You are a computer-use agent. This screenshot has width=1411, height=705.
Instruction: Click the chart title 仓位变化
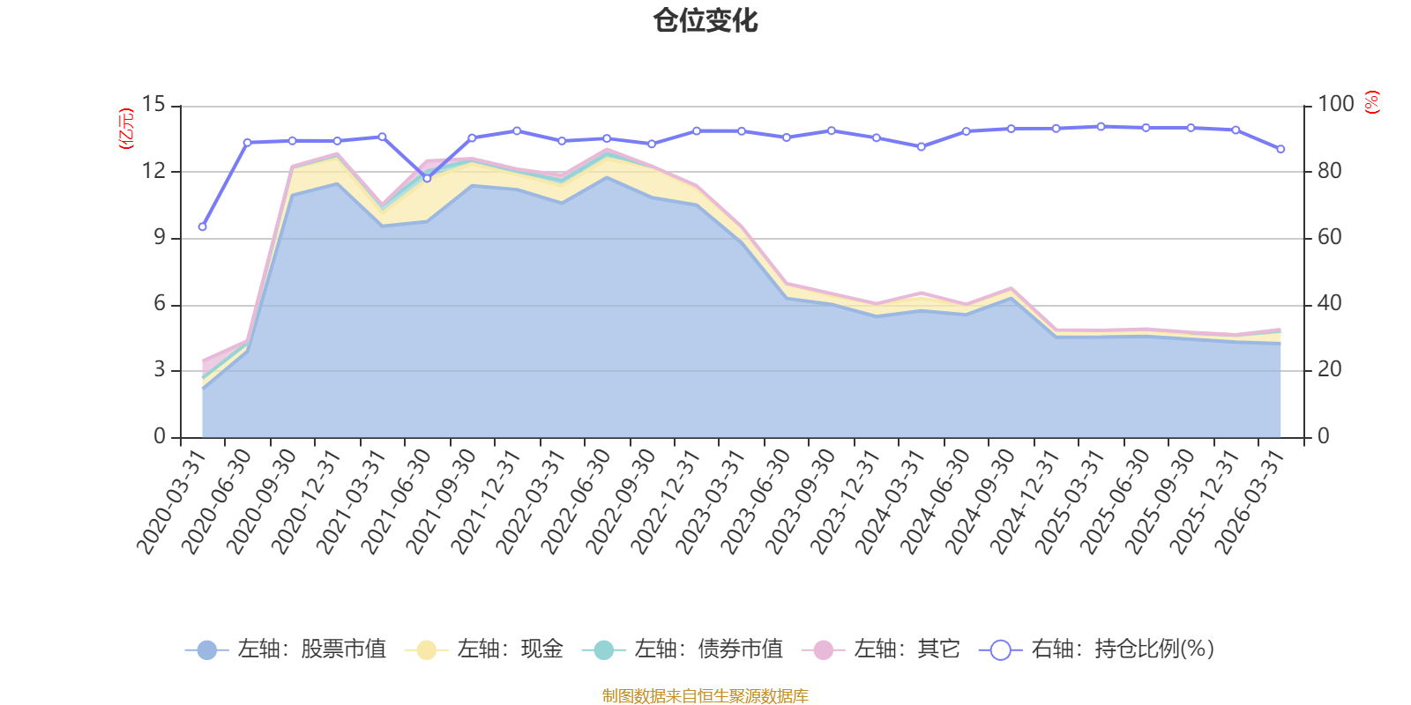point(705,21)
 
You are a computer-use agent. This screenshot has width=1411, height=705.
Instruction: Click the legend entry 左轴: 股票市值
point(286,649)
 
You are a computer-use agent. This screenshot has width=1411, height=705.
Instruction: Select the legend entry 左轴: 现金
point(484,649)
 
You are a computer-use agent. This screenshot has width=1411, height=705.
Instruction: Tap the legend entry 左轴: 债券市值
point(683,649)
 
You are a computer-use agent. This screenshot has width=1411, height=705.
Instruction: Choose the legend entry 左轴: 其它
point(881,649)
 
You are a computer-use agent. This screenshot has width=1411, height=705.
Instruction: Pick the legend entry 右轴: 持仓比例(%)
point(1097,649)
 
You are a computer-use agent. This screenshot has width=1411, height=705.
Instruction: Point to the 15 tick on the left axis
point(153,104)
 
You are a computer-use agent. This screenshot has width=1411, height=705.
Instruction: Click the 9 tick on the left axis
point(160,237)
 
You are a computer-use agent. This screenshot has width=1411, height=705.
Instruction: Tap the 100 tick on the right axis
point(1336,104)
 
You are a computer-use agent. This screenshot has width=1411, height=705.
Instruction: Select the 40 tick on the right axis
point(1330,303)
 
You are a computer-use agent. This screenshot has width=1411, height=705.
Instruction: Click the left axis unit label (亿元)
point(127,129)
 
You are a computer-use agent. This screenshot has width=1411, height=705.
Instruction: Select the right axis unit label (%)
point(1372,102)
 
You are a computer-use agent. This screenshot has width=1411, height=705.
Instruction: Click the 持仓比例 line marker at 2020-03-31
point(202,226)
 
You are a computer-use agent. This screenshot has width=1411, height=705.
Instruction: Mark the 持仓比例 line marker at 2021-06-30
point(427,178)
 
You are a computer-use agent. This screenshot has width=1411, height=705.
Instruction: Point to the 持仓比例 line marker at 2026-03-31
point(1280,149)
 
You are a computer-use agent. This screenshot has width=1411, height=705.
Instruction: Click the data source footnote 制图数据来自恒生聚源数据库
point(705,695)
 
